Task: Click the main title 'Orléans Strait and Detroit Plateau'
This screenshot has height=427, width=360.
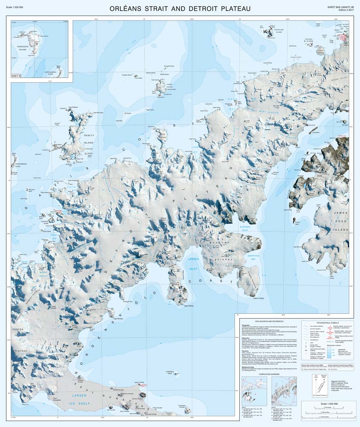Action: click(180, 8)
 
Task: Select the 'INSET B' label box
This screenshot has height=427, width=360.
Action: click(20, 76)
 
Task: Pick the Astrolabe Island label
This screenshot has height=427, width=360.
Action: click(279, 31)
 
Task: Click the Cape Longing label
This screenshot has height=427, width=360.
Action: click(259, 298)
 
